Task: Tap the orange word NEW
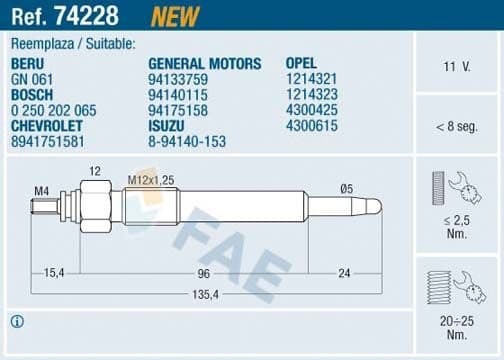click(x=174, y=16)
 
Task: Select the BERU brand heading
click(x=28, y=63)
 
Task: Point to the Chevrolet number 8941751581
click(x=47, y=141)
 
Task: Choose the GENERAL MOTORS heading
click(x=205, y=63)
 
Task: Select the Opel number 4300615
click(x=311, y=128)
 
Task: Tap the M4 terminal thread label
click(x=41, y=189)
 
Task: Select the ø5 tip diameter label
click(x=347, y=189)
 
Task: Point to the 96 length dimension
click(x=203, y=272)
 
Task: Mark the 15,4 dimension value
click(x=54, y=272)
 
